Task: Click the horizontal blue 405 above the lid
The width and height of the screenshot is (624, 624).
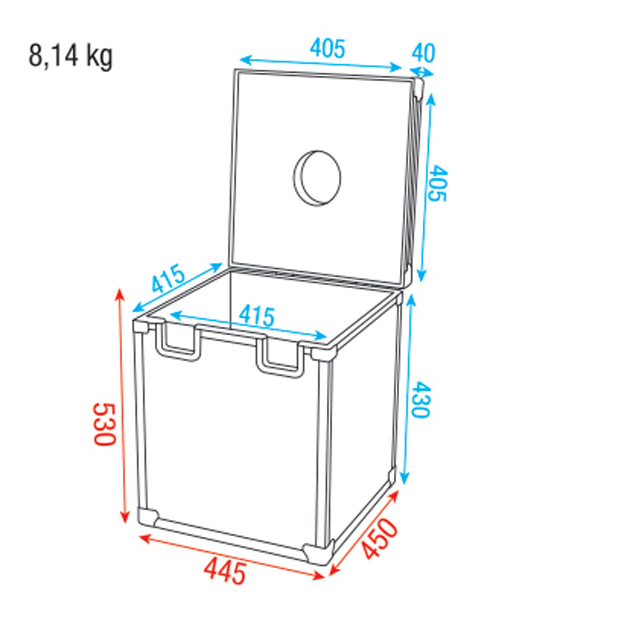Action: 328,49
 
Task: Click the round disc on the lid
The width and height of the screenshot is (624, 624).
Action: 317,178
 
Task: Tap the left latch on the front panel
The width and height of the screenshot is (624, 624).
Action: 178,342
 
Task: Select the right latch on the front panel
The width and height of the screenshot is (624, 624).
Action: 280,357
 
